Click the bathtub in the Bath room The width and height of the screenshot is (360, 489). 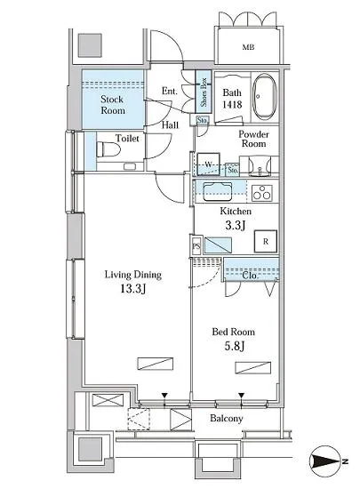click(x=264, y=96)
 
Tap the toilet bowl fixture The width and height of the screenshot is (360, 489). click(x=108, y=149)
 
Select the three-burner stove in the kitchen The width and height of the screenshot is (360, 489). click(x=262, y=193)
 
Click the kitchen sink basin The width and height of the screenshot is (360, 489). click(x=218, y=191)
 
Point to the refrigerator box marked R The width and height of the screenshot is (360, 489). click(x=266, y=241)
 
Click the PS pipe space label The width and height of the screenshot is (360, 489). click(x=196, y=246)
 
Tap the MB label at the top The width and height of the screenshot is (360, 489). click(x=248, y=47)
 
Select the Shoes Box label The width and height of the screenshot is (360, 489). click(x=204, y=92)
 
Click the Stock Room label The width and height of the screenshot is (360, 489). click(x=113, y=105)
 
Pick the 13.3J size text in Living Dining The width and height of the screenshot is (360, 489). click(x=133, y=289)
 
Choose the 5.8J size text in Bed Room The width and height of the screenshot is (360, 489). click(x=235, y=346)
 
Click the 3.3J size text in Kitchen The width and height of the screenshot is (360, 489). click(x=236, y=225)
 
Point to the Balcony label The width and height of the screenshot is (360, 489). click(x=227, y=418)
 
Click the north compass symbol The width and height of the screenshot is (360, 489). click(x=325, y=461)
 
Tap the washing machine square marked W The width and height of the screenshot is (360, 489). click(x=208, y=164)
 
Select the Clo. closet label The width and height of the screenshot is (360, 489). click(x=251, y=276)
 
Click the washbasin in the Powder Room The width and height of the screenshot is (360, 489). click(x=260, y=166)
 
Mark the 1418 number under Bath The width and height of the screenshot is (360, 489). click(x=232, y=104)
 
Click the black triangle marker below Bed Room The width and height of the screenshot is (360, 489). click(x=242, y=396)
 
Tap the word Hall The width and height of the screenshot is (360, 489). click(x=170, y=125)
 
